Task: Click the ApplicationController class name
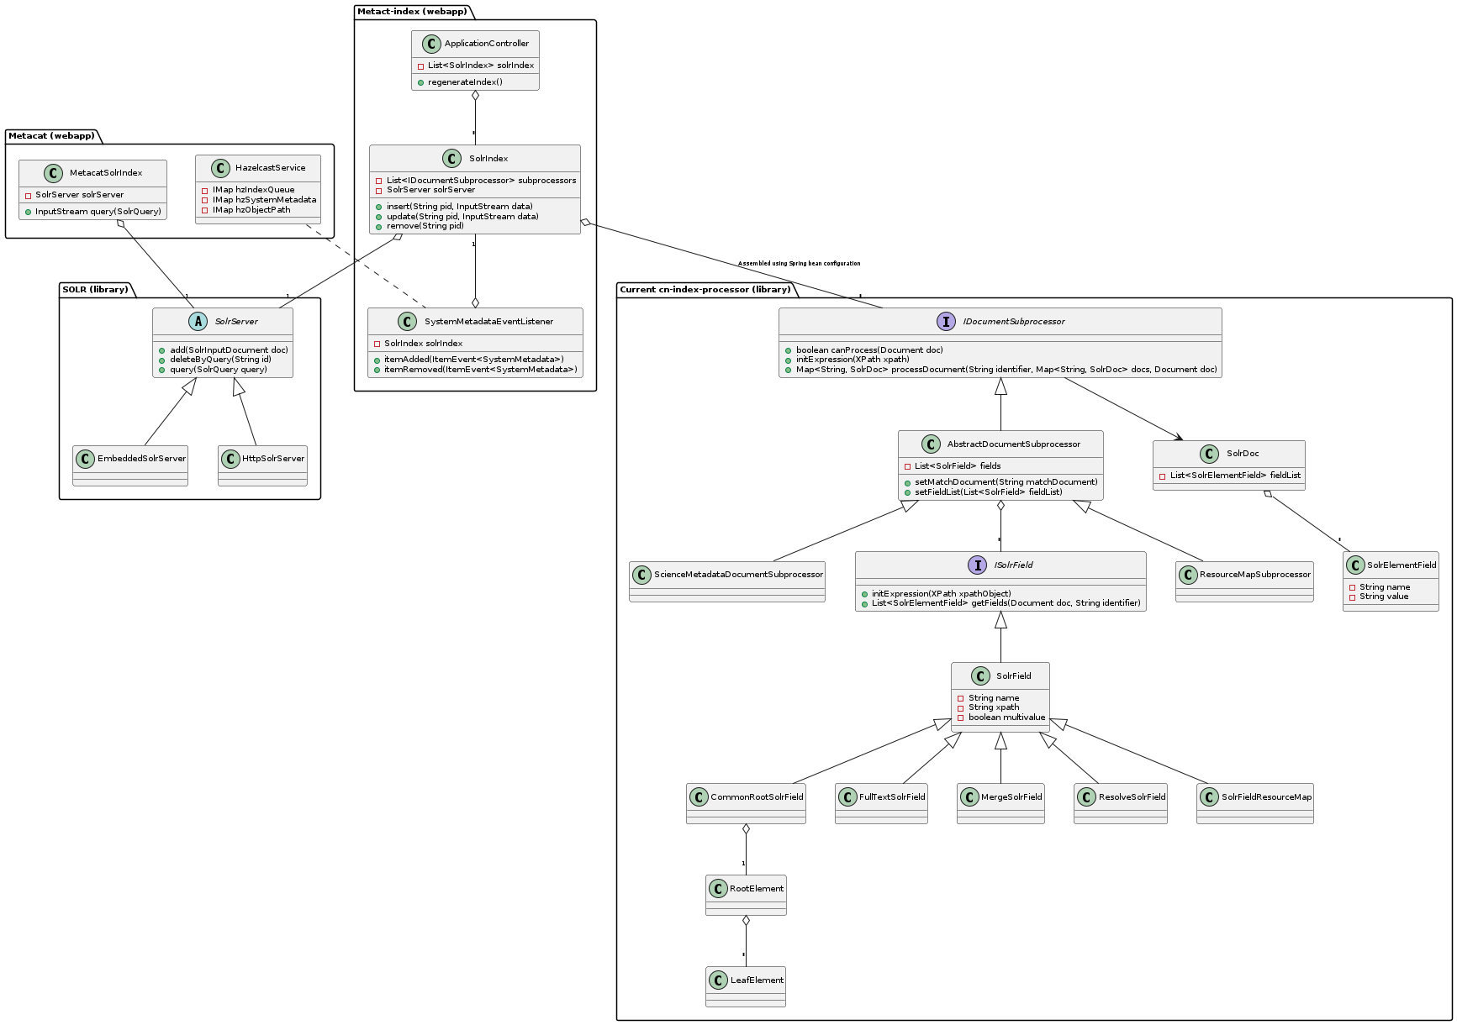486,44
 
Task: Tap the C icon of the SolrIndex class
451,159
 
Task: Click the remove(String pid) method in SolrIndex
425,226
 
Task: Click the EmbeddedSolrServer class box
130,465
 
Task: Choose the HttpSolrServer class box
262,465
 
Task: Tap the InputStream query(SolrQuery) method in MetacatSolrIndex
98,212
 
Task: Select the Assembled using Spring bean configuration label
799,264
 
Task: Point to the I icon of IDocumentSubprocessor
946,321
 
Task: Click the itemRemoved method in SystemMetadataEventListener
480,370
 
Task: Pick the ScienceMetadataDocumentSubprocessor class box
727,581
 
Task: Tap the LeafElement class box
746,986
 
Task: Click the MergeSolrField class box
1000,803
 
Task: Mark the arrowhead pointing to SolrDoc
1179,437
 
